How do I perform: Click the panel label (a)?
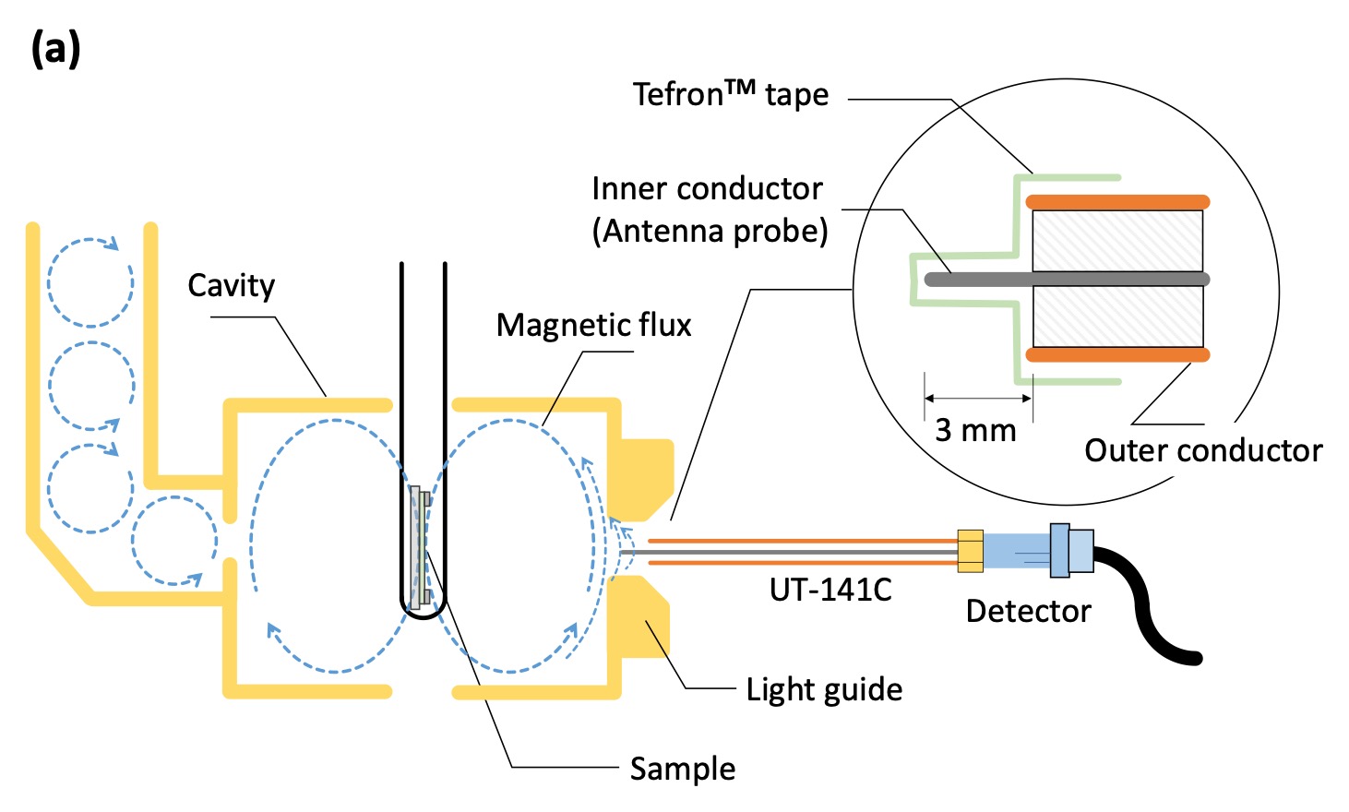[x=55, y=48]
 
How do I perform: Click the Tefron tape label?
[x=730, y=95]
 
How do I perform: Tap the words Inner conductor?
[x=707, y=189]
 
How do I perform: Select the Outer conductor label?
[x=1202, y=450]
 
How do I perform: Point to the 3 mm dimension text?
[x=974, y=430]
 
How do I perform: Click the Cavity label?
[x=231, y=286]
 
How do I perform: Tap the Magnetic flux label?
[x=593, y=326]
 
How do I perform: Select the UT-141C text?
[x=830, y=590]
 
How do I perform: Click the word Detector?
[x=1028, y=611]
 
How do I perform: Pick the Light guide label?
[x=823, y=689]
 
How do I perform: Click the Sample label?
[x=682, y=769]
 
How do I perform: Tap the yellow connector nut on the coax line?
[x=970, y=551]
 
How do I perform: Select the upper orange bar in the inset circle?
[x=1116, y=202]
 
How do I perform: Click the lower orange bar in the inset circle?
[x=1116, y=354]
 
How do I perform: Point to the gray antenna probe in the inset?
[x=1061, y=279]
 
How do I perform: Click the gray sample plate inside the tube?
[x=416, y=544]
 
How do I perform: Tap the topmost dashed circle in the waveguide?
[x=90, y=281]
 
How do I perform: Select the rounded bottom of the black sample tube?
[x=424, y=611]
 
